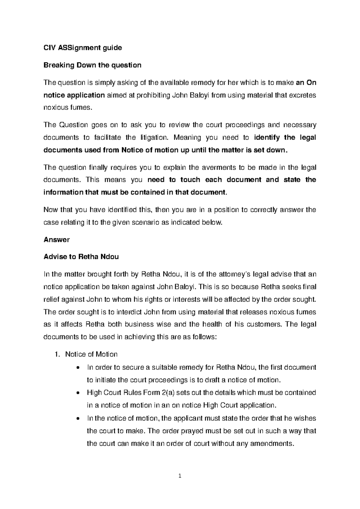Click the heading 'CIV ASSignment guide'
tap(83, 48)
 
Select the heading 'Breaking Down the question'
tap(92, 65)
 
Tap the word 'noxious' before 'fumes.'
tap(56, 108)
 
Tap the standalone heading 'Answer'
tap(56, 239)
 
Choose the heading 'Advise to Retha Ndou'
tap(81, 257)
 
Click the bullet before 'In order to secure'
tap(78, 367)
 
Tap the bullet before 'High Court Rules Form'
tap(78, 393)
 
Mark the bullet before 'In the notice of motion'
tap(78, 418)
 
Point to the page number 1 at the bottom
tap(180, 476)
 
